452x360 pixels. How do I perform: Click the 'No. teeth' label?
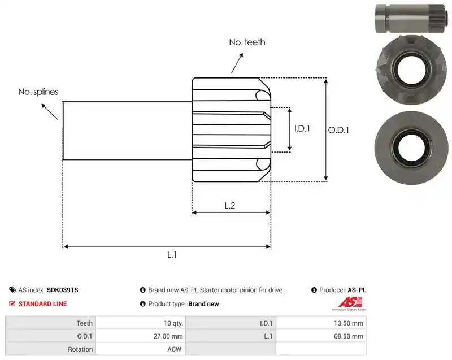247,42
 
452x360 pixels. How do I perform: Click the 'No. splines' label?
38,92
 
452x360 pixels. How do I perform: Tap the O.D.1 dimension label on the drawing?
338,131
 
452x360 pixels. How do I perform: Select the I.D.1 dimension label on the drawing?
302,128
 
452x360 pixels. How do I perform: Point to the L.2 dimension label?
230,206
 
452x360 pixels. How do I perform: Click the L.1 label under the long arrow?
172,255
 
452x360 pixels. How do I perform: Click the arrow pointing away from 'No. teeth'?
237,63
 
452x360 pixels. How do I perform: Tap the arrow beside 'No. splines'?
50,111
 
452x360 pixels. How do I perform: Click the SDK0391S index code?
62,290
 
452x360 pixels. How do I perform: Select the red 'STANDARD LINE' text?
43,304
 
